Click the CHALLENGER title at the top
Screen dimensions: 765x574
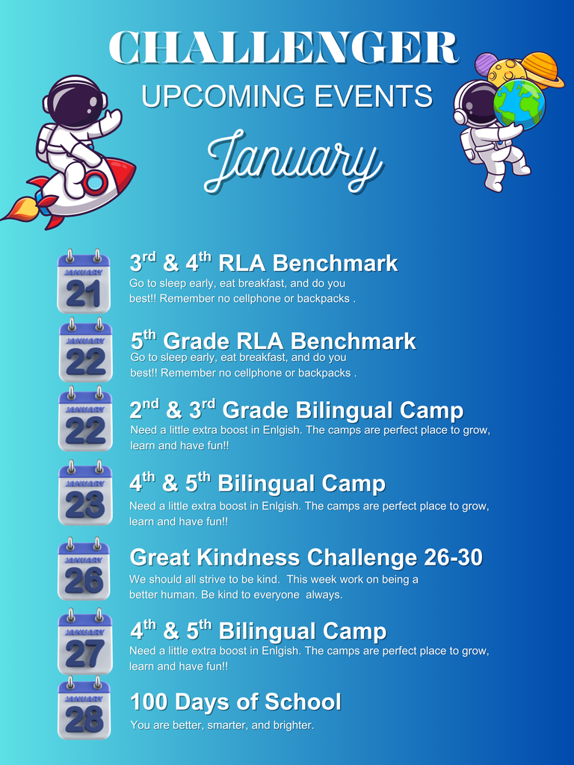(x=284, y=49)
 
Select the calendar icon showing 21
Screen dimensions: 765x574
(x=84, y=282)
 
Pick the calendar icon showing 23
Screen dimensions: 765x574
(x=85, y=495)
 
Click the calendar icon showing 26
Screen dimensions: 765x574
(x=84, y=569)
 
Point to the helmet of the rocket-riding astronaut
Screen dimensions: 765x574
(x=75, y=102)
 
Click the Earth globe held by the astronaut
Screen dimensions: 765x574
(x=519, y=105)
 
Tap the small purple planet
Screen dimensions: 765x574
(x=486, y=64)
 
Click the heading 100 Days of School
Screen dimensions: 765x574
(x=235, y=702)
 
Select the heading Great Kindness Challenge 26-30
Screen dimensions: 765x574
(x=306, y=557)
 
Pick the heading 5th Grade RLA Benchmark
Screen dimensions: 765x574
(x=273, y=341)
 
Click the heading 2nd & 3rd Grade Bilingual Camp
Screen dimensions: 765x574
(x=297, y=410)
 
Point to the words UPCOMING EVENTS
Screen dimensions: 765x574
(x=287, y=96)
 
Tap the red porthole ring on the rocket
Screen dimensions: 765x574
(x=95, y=183)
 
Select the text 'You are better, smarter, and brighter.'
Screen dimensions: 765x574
(x=222, y=725)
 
